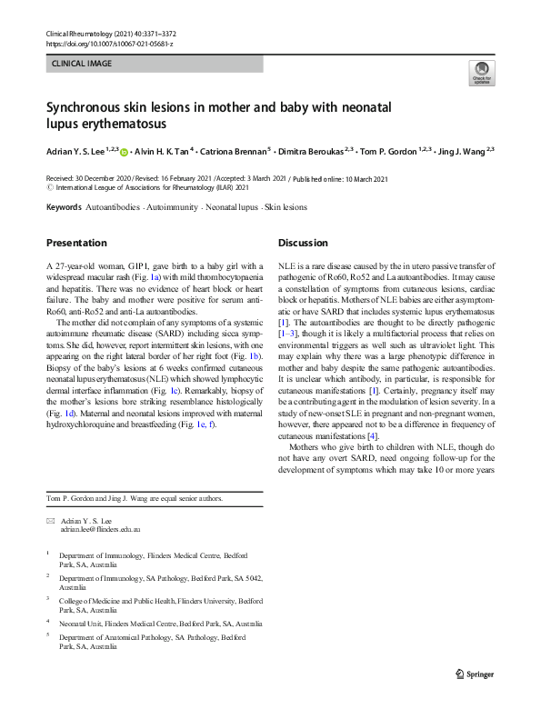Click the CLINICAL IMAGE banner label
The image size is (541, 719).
click(x=81, y=65)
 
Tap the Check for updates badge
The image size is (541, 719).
click(x=480, y=73)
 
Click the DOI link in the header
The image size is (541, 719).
click(x=108, y=44)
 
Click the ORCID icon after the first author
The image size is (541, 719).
click(x=124, y=152)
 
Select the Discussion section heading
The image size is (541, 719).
click(x=303, y=243)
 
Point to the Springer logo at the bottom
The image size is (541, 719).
click(x=474, y=675)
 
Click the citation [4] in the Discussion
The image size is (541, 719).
click(x=371, y=435)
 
